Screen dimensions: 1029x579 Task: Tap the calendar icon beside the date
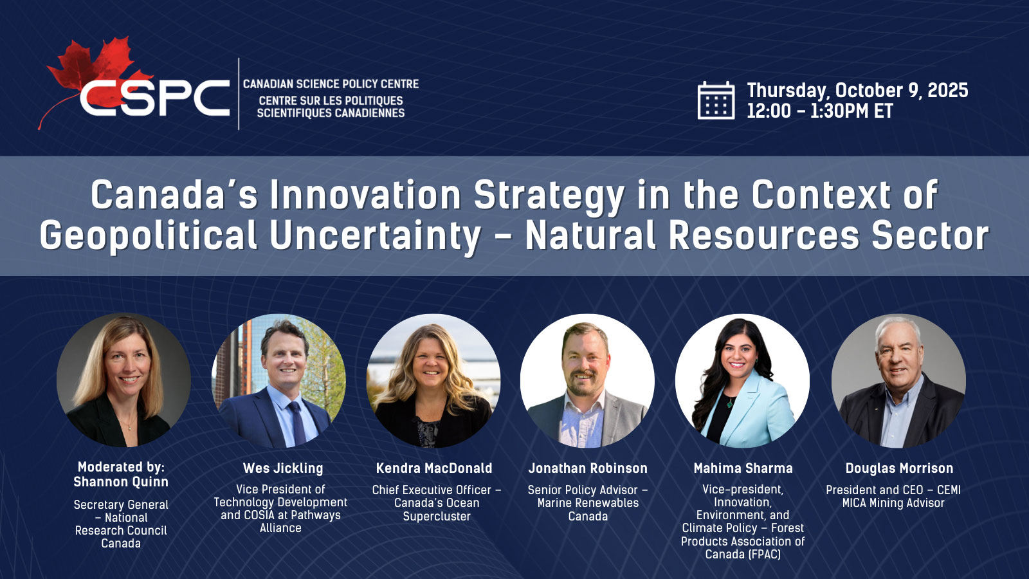[716, 100]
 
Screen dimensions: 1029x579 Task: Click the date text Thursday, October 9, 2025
[857, 91]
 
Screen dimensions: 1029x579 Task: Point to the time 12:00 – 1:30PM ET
[819, 111]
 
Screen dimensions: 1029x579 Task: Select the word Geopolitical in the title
[148, 235]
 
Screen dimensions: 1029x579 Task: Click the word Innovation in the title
[365, 195]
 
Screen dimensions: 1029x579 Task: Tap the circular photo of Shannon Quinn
[123, 380]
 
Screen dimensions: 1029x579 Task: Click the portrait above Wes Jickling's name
[279, 380]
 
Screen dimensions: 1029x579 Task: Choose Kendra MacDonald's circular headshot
[433, 380]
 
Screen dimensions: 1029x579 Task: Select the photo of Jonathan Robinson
[588, 380]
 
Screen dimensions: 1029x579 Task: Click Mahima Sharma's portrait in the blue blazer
[742, 380]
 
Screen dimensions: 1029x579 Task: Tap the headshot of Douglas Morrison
[898, 380]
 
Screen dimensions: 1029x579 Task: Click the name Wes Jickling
[283, 468]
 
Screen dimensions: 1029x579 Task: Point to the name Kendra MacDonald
[434, 468]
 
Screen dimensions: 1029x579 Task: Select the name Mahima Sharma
[743, 468]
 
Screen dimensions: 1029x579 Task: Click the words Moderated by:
[122, 467]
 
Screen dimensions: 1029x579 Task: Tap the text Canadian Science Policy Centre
[331, 84]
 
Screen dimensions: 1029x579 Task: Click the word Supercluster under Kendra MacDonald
[437, 517]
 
